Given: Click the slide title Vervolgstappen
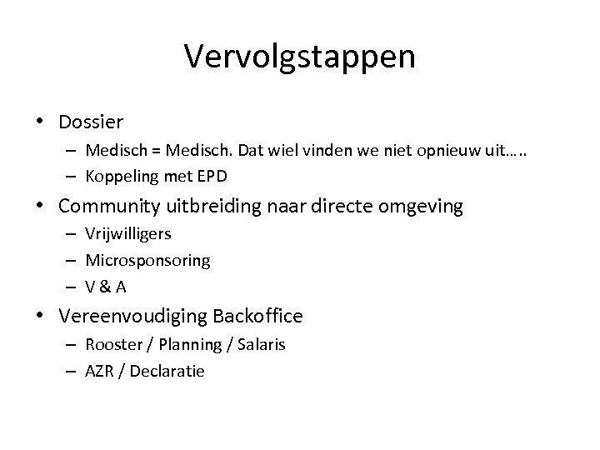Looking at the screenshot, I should [299, 57].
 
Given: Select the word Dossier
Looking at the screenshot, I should [91, 122].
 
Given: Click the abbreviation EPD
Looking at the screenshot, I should [212, 176].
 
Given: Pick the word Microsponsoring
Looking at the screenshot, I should [147, 260].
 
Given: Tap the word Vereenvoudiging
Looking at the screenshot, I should [132, 316].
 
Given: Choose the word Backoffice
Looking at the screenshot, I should [257, 316].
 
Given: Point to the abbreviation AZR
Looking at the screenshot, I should [100, 371].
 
